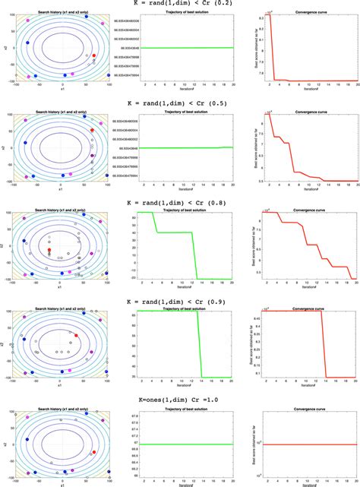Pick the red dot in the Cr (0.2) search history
click(94, 55)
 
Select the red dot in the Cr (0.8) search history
click(49, 250)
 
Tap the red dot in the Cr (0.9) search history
click(75, 335)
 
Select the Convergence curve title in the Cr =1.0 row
click(309, 408)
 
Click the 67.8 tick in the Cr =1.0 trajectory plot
click(135, 414)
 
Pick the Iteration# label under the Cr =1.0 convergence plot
click(309, 483)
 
